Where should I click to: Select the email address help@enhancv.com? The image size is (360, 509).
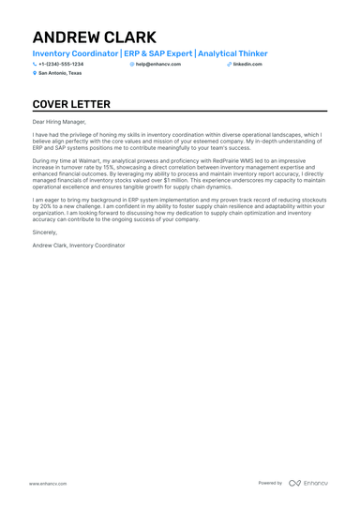point(158,64)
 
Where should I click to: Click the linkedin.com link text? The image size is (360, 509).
point(247,64)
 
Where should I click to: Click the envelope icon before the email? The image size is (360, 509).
point(132,64)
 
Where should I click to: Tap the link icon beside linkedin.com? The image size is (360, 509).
point(229,64)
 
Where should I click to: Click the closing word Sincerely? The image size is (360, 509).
point(44,231)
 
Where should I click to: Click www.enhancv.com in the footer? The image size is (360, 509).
point(47,483)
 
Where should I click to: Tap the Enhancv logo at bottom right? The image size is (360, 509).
point(308,483)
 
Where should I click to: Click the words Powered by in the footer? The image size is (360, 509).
point(270,483)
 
